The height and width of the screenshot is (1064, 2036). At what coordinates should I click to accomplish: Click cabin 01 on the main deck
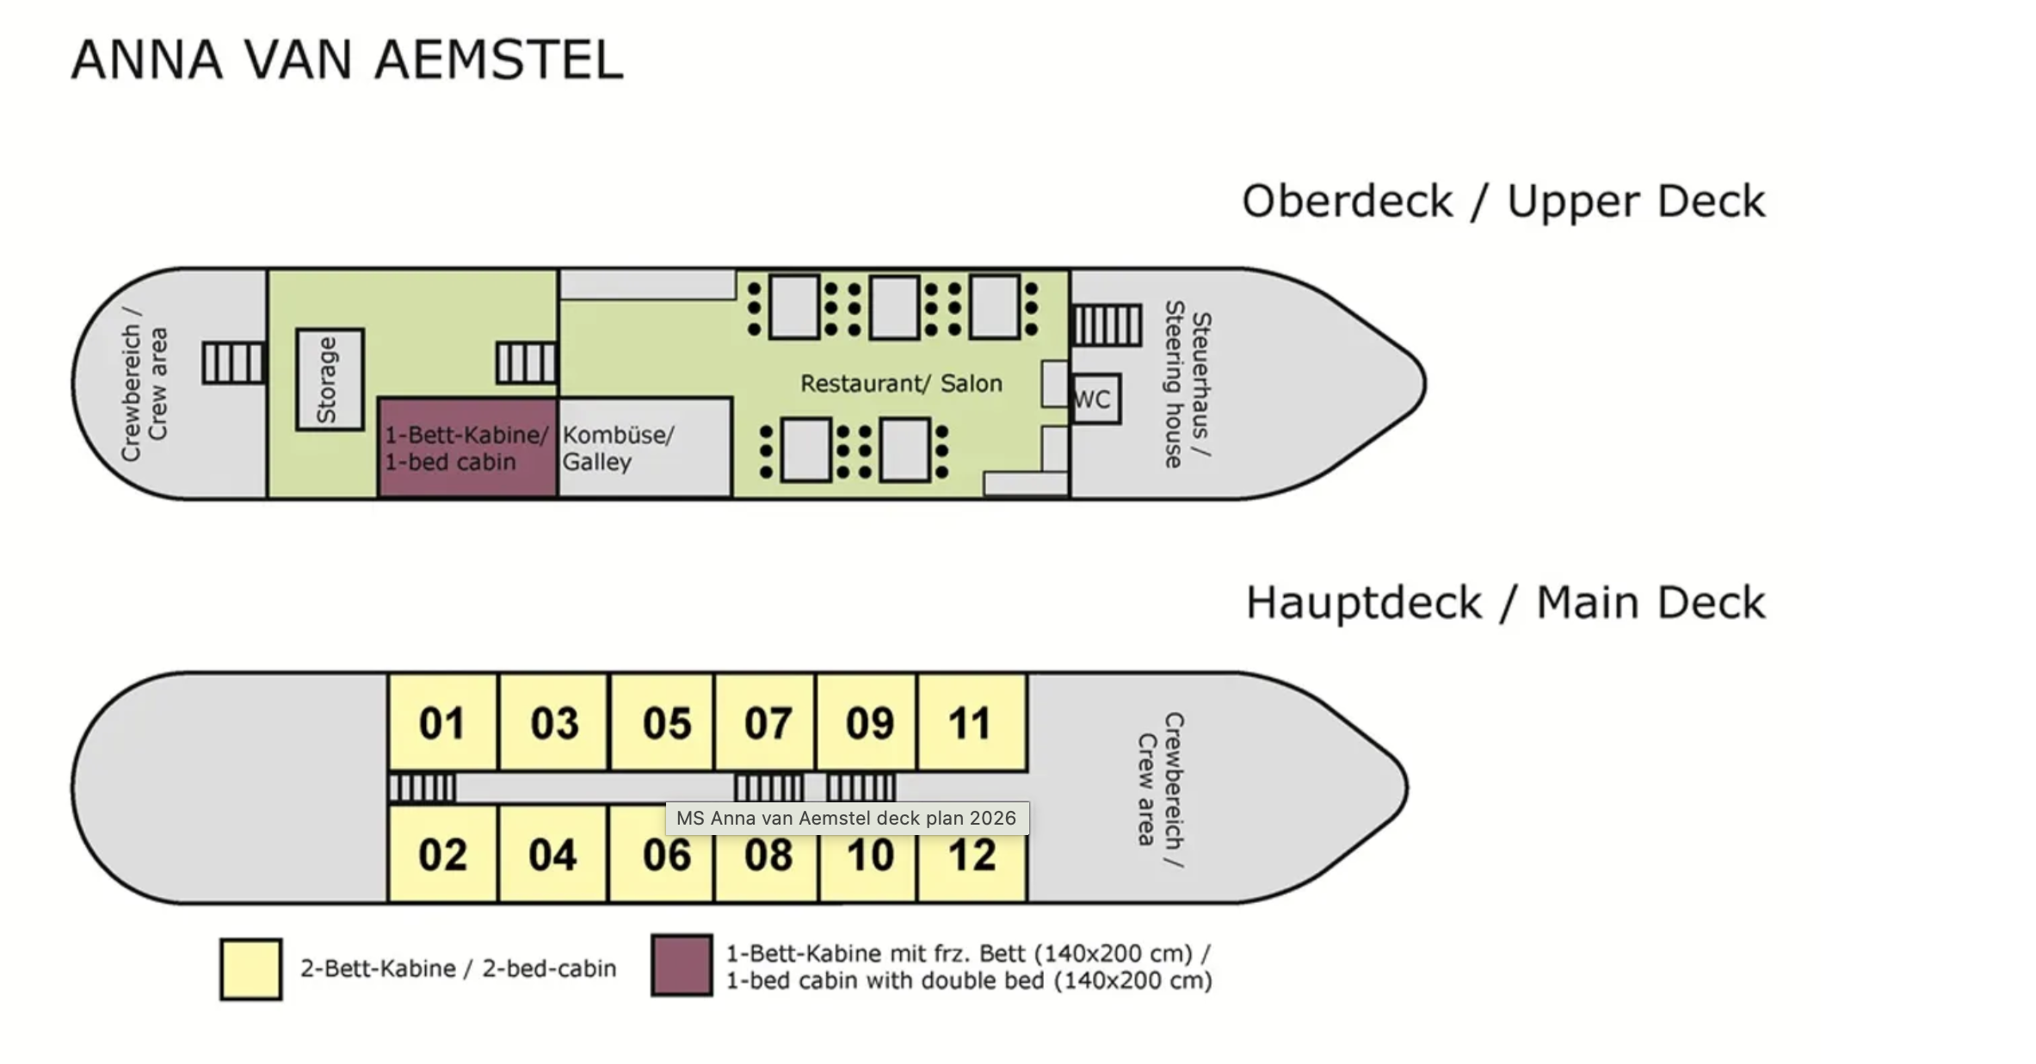442,722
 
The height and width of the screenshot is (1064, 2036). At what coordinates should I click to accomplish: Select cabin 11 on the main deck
972,722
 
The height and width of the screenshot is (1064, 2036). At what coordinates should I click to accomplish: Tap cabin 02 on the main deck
442,853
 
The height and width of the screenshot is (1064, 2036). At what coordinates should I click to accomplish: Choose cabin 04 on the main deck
552,853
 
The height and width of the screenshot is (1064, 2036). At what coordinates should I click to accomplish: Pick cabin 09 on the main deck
867,722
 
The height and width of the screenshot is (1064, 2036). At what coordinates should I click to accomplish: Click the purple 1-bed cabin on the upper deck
467,448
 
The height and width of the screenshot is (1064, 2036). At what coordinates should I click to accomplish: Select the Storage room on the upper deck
330,380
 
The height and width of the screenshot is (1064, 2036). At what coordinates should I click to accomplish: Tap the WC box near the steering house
1095,399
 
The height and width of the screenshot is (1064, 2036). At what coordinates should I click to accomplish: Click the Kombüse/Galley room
645,448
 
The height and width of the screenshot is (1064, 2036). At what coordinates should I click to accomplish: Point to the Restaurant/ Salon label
901,383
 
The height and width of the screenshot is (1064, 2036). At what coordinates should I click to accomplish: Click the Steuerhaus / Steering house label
1188,384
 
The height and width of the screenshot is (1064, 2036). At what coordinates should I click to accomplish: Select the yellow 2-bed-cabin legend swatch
250,969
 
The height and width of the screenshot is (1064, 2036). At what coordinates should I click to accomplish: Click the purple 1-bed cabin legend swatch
682,965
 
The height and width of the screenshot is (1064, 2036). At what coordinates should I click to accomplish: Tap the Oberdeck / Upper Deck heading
1503,201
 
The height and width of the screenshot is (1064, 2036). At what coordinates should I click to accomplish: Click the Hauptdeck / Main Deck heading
1506,602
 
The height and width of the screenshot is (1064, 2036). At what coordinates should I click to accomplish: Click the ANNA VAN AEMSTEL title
348,59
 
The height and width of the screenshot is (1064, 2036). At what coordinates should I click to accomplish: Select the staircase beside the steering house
1107,325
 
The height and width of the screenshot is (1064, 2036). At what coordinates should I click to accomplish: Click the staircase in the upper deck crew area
233,362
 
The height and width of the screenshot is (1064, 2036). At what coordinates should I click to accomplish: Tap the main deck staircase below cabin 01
422,788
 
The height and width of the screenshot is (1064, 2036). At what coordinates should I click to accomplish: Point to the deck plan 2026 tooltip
847,818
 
